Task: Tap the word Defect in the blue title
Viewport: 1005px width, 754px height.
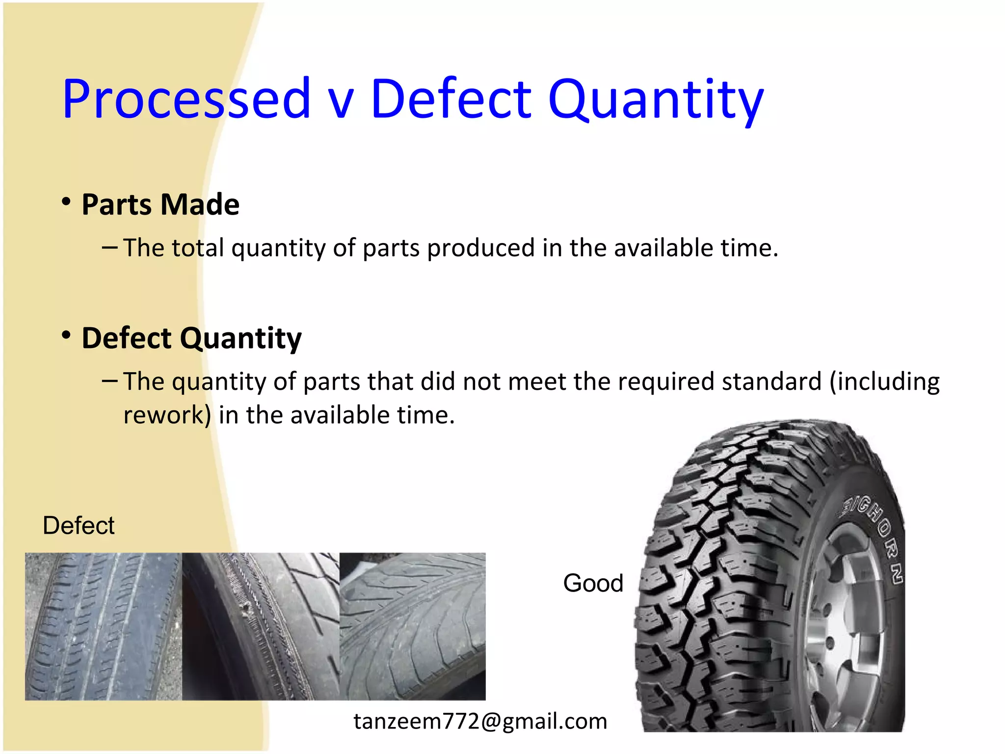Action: pyautogui.click(x=450, y=100)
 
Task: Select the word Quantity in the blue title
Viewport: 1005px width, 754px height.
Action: pyautogui.click(x=656, y=101)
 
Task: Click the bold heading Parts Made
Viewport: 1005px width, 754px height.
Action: pyautogui.click(x=160, y=205)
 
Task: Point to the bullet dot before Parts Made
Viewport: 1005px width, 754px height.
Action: pyautogui.click(x=66, y=202)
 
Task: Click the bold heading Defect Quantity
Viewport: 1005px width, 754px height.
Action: pyautogui.click(x=191, y=338)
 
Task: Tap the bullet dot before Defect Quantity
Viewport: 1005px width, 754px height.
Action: pyautogui.click(x=66, y=336)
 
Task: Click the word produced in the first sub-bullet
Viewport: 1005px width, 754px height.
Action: pyautogui.click(x=480, y=248)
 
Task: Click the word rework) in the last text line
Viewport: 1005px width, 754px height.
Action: pyautogui.click(x=167, y=415)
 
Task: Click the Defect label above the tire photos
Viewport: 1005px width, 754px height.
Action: pyautogui.click(x=79, y=526)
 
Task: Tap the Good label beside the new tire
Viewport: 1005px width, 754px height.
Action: pyautogui.click(x=593, y=583)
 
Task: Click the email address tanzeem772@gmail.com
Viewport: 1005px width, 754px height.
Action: pyautogui.click(x=480, y=721)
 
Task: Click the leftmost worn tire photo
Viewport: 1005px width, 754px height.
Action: pyautogui.click(x=103, y=626)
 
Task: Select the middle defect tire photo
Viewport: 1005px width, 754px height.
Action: pyautogui.click(x=260, y=626)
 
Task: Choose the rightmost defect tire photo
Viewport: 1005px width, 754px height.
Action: pyautogui.click(x=412, y=626)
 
